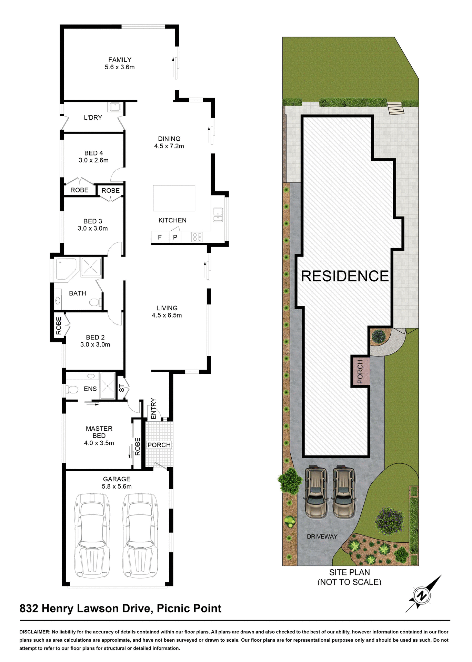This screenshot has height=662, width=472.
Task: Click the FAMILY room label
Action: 120,60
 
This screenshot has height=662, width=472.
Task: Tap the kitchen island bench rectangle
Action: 174,198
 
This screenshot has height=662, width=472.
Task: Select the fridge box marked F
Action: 160,237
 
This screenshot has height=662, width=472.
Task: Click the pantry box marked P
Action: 175,237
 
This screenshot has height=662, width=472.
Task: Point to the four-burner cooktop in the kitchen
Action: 197,237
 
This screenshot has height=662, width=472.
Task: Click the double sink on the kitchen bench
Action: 218,214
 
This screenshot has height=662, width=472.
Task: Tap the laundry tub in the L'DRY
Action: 115,107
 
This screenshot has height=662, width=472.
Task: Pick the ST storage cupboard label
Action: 122,388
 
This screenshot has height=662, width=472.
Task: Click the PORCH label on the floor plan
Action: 159,445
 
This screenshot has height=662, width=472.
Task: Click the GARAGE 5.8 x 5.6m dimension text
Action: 117,487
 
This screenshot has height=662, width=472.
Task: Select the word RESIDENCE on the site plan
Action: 345,276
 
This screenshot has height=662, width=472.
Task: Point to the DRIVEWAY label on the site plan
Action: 322,536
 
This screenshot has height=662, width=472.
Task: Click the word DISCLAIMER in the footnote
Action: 35,632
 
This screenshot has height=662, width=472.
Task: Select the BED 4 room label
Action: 93,153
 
